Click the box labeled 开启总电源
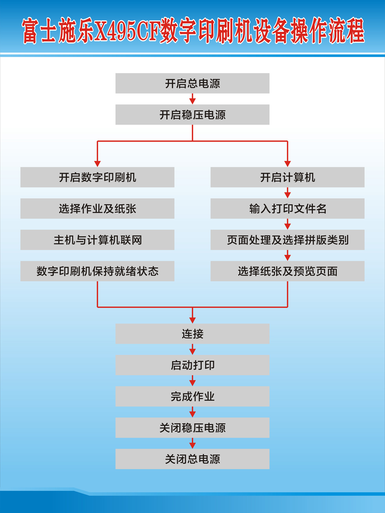(x=192, y=83)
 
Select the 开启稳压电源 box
(x=192, y=115)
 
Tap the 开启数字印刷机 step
(x=97, y=177)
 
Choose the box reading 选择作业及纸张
(x=97, y=209)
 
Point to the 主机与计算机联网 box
(x=97, y=240)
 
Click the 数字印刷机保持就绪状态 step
(x=97, y=271)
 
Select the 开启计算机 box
(x=288, y=177)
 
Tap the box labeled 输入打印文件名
(x=288, y=209)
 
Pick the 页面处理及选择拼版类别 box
(x=288, y=240)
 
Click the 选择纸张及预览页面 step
(x=288, y=271)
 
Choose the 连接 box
(x=192, y=334)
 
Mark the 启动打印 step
(x=192, y=365)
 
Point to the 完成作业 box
(x=192, y=396)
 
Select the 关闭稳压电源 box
(x=192, y=428)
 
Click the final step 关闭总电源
(x=192, y=459)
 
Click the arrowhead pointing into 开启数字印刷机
(x=97, y=164)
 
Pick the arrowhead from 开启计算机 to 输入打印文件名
(x=288, y=195)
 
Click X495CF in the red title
(x=126, y=30)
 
